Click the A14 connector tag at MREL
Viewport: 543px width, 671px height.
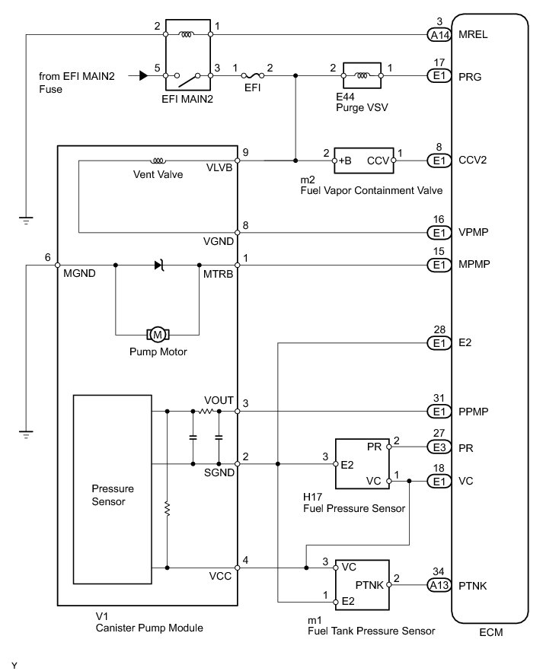439,35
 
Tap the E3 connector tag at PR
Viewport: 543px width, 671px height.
439,447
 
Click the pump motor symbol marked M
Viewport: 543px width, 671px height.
158,335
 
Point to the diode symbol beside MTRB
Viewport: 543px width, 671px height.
159,266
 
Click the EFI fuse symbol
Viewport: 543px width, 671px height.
253,76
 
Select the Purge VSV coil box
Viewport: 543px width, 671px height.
362,76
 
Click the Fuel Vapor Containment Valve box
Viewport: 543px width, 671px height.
364,161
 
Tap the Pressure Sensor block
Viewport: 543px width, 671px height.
112,490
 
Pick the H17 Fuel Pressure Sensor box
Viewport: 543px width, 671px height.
363,463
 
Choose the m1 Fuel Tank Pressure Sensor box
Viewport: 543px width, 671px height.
363,584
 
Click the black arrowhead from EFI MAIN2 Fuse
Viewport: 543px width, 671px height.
144,76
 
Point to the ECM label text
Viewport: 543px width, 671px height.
490,632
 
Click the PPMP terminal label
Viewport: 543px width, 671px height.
473,412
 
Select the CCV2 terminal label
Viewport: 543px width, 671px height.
472,160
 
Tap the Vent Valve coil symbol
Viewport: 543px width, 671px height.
158,161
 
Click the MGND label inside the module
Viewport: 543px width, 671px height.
80,273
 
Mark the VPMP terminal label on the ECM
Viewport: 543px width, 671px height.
473,232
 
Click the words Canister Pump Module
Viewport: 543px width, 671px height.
149,628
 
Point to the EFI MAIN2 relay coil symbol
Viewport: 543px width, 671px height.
187,34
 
